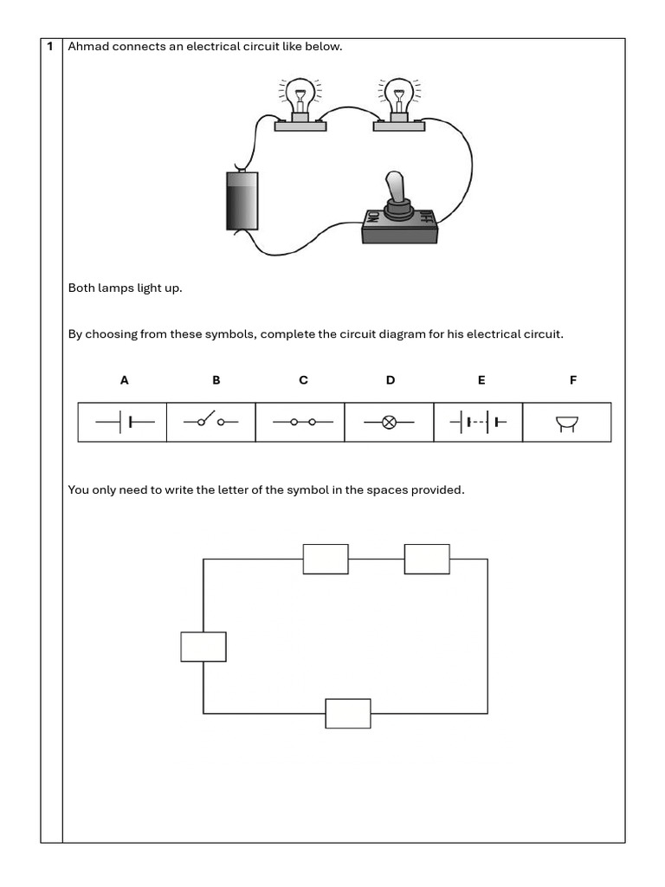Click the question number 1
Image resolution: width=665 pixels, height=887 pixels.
pyautogui.click(x=51, y=46)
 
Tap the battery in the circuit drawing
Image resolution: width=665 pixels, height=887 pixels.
pyautogui.click(x=242, y=200)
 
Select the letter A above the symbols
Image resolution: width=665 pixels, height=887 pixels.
pyautogui.click(x=124, y=380)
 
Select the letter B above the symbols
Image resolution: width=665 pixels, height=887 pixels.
pyautogui.click(x=216, y=380)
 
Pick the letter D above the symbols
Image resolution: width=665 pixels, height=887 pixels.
pyautogui.click(x=391, y=380)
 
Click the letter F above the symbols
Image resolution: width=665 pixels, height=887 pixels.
pyautogui.click(x=572, y=380)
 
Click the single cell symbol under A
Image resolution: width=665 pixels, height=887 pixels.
pyautogui.click(x=124, y=423)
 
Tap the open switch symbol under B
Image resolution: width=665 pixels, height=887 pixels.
pyautogui.click(x=210, y=423)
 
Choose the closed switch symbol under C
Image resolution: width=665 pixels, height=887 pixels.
pyautogui.click(x=301, y=423)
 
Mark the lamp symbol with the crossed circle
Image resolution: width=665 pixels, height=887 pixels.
pyautogui.click(x=389, y=423)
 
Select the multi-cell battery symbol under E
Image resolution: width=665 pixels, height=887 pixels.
pyautogui.click(x=478, y=423)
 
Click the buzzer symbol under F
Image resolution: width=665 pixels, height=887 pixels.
pyautogui.click(x=567, y=423)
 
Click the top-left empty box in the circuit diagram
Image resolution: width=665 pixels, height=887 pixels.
pyautogui.click(x=326, y=559)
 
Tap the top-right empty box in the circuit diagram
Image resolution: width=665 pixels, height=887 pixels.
pyautogui.click(x=427, y=559)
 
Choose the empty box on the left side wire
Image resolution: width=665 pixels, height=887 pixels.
pyautogui.click(x=203, y=647)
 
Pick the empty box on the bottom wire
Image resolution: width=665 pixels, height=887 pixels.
pyautogui.click(x=348, y=714)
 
